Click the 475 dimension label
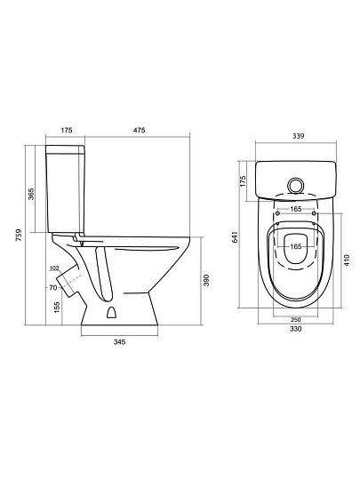click(x=139, y=130)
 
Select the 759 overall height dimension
click(x=19, y=235)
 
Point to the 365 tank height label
click(x=31, y=194)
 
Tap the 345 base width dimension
click(x=119, y=342)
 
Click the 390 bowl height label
click(x=206, y=280)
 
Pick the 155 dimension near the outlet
click(x=57, y=308)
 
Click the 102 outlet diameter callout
click(x=54, y=268)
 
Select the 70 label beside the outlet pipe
click(x=53, y=288)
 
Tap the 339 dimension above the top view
click(x=298, y=136)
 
